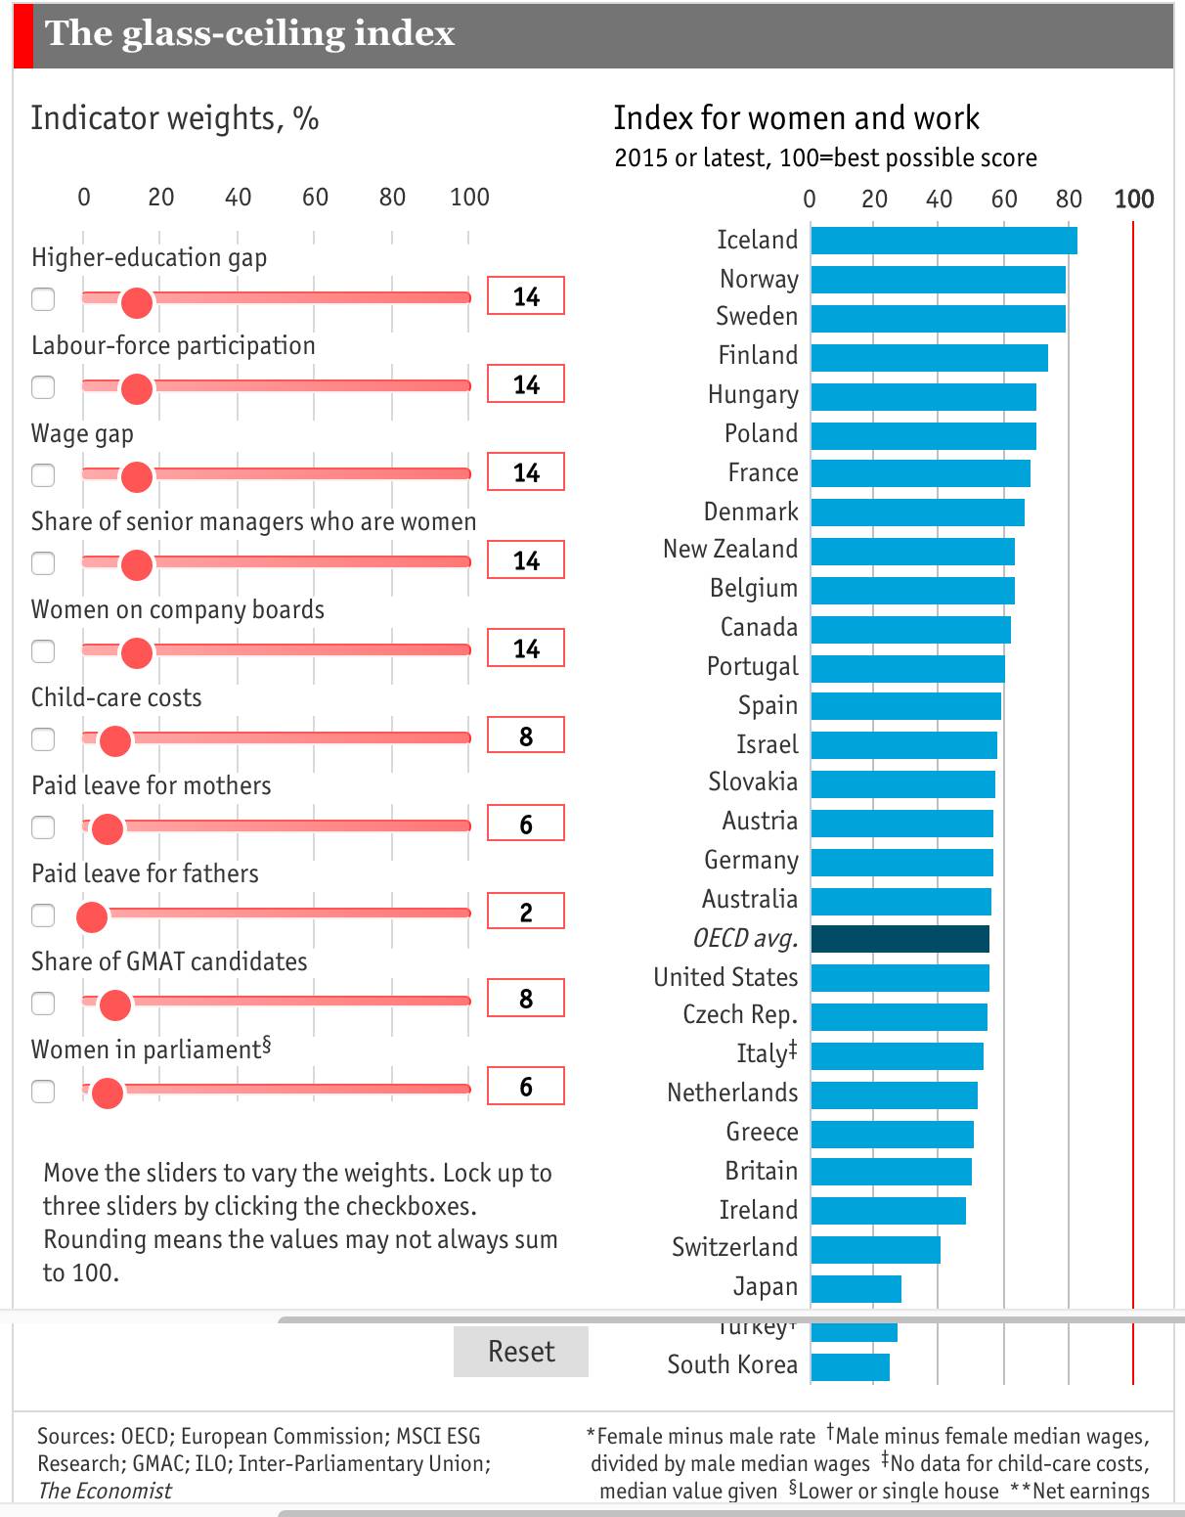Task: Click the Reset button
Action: pyautogui.click(x=520, y=1352)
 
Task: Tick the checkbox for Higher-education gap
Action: pyautogui.click(x=43, y=298)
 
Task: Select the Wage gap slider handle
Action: pyautogui.click(x=136, y=476)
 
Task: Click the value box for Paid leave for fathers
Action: pyautogui.click(x=526, y=912)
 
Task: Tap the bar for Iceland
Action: pyautogui.click(x=944, y=241)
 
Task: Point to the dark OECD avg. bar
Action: pyautogui.click(x=900, y=939)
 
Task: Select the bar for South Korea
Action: pyautogui.click(x=850, y=1366)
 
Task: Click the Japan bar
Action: pyautogui.click(x=856, y=1288)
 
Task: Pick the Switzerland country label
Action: pyautogui.click(x=734, y=1248)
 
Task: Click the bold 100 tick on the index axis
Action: pyautogui.click(x=1133, y=200)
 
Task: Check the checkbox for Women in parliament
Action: pyautogui.click(x=43, y=1091)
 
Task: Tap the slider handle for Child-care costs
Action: pyautogui.click(x=115, y=740)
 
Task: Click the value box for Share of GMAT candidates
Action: pyautogui.click(x=526, y=999)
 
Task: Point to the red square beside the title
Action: pyautogui.click(x=23, y=35)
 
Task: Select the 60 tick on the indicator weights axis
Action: pyautogui.click(x=315, y=198)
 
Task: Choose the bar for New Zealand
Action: pyautogui.click(x=912, y=552)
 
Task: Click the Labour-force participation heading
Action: pyautogui.click(x=173, y=346)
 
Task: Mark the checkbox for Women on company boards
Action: pyautogui.click(x=43, y=650)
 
